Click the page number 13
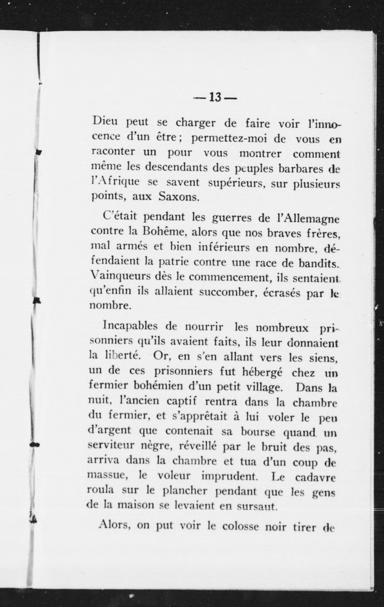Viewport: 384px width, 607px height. [215, 97]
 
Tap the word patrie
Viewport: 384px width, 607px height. [174, 262]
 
